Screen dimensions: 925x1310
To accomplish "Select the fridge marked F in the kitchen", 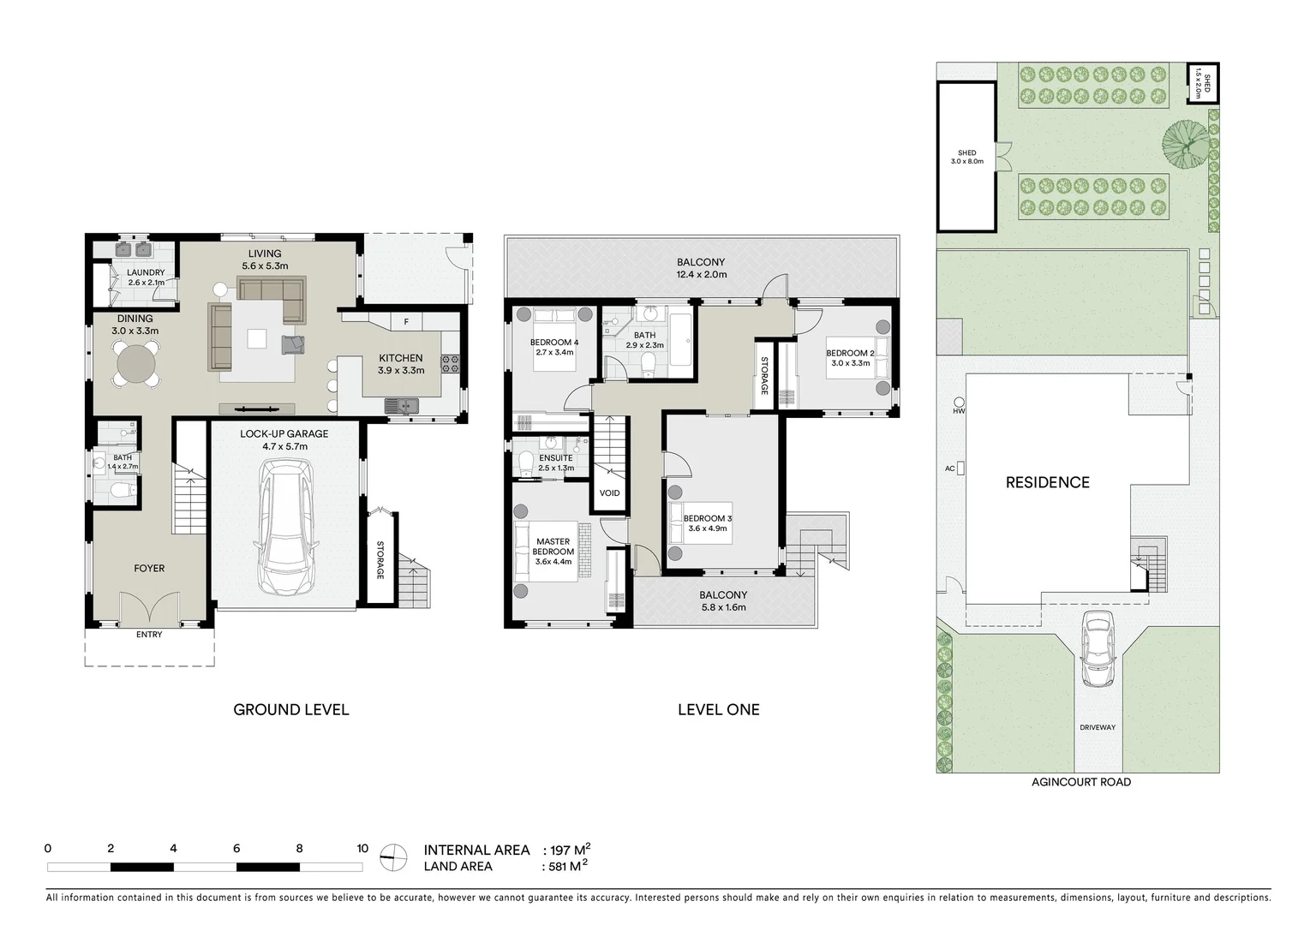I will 406,322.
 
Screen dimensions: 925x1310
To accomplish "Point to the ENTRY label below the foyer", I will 149,635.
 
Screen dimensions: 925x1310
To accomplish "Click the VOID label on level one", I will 609,493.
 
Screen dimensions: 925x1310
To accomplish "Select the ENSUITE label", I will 556,458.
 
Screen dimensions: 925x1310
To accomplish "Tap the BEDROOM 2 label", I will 850,353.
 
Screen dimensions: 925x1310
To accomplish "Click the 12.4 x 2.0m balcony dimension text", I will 701,275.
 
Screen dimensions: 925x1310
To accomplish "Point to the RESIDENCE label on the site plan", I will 1047,482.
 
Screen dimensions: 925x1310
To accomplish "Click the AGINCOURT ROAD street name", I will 1080,782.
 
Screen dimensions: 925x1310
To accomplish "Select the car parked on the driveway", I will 1098,649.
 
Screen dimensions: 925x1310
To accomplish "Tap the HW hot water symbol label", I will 957,411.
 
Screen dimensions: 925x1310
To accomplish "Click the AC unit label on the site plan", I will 949,468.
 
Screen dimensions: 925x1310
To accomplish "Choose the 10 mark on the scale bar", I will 362,849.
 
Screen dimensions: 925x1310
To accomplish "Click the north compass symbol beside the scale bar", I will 393,856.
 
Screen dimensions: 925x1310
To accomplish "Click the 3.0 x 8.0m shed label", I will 966,161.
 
